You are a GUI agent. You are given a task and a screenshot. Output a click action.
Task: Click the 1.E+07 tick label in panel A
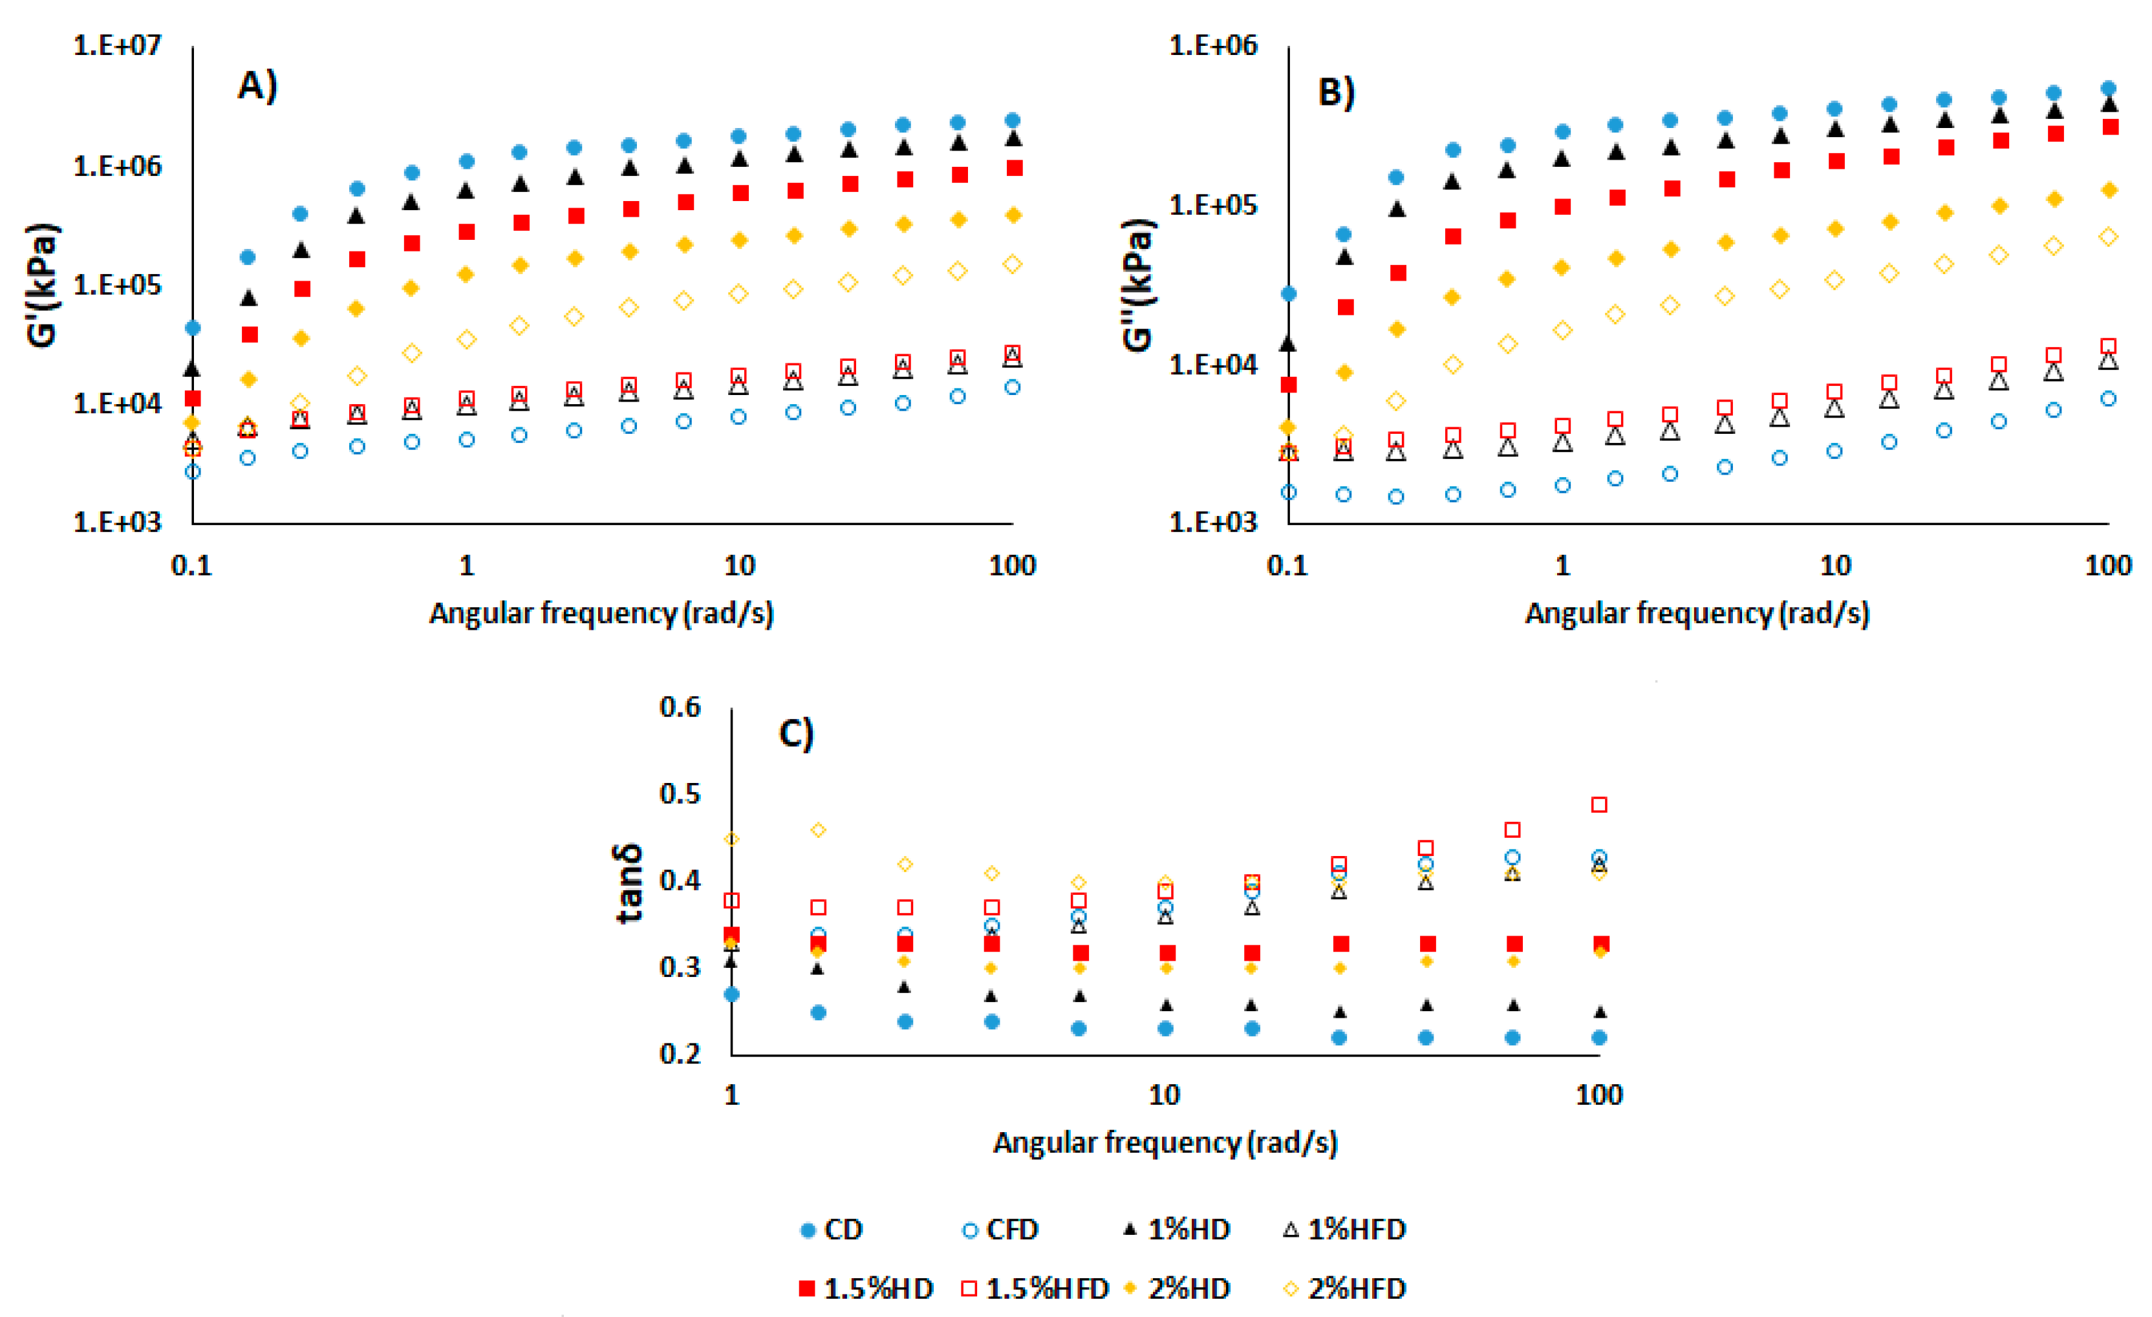pyautogui.click(x=117, y=45)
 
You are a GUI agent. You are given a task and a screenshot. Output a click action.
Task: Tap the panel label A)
pyautogui.click(x=257, y=85)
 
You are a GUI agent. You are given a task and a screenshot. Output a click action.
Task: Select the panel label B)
pyautogui.click(x=1335, y=92)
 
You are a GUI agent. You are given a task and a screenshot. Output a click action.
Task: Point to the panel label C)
pyautogui.click(x=795, y=734)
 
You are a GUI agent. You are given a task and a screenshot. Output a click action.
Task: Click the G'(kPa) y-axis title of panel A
pyautogui.click(x=42, y=286)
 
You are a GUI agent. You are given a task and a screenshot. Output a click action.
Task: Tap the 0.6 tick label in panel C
pyautogui.click(x=680, y=707)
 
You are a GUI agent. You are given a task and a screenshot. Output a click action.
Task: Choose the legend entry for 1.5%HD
pyautogui.click(x=865, y=1288)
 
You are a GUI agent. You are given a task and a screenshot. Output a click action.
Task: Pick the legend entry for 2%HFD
pyautogui.click(x=1345, y=1288)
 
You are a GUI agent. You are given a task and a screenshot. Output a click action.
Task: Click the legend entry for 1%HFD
pyautogui.click(x=1345, y=1230)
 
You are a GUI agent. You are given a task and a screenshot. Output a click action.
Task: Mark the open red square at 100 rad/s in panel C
pyautogui.click(x=1599, y=804)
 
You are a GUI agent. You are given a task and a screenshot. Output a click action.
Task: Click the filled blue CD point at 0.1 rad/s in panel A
pyautogui.click(x=193, y=328)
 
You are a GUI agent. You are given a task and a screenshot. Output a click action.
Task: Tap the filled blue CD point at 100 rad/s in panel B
pyautogui.click(x=2108, y=88)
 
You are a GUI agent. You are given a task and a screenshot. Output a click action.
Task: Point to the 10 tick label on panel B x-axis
pyautogui.click(x=1835, y=566)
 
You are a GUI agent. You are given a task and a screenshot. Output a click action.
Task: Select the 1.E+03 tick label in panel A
pyautogui.click(x=117, y=522)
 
